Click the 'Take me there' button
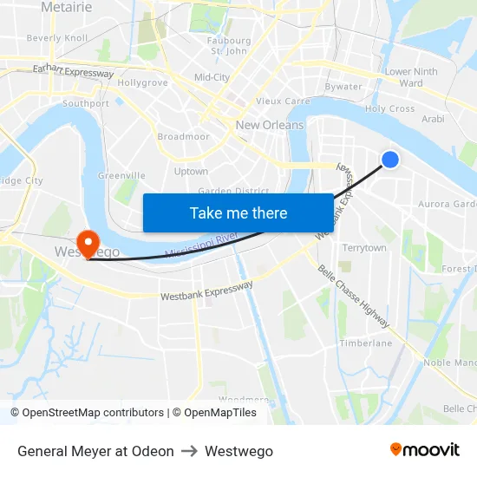coord(238,212)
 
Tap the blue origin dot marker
coord(390,159)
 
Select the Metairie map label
coord(66,7)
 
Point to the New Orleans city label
coord(270,125)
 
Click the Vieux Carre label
coord(283,101)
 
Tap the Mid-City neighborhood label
coord(212,77)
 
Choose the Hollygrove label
coord(142,82)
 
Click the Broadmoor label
coord(183,137)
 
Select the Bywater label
coord(343,87)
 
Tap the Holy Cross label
coord(389,109)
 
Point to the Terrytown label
coord(364,248)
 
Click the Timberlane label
coord(365,343)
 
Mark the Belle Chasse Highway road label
coord(353,297)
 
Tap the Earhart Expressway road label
coord(73,72)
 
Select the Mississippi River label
coord(200,245)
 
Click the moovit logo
coord(424,450)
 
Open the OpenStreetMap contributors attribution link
coord(94,413)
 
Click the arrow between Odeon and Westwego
coord(189,451)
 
